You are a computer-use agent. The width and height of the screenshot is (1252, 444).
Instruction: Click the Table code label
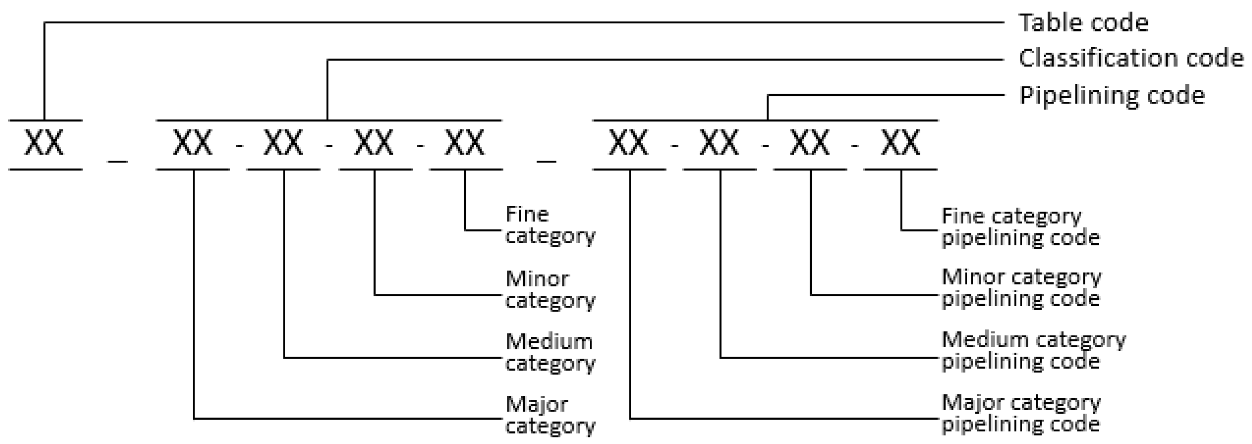1083,23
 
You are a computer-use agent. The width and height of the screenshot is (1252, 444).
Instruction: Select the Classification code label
1130,58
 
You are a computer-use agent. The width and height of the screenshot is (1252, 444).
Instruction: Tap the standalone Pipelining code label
1111,95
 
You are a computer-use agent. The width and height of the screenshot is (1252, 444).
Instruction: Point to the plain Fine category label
550,224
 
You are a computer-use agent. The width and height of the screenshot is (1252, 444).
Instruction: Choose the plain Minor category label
550,289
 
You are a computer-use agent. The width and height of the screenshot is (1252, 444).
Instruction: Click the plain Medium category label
550,352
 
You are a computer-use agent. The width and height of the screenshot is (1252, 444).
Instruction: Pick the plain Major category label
550,415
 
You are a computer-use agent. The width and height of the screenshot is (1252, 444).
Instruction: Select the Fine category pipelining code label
1020,227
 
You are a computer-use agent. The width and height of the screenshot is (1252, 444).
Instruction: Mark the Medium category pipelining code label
1033,350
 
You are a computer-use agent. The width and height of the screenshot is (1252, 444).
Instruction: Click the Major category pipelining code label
1020,413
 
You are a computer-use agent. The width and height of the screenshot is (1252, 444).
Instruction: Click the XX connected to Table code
44,143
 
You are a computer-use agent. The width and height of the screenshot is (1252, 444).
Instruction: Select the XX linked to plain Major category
193,143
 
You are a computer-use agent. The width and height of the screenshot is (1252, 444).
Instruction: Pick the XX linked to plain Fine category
465,143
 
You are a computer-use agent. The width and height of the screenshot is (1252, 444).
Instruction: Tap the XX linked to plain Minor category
374,143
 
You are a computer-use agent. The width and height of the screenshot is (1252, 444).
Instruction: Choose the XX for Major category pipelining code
629,143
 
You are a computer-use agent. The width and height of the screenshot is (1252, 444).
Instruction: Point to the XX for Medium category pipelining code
720,143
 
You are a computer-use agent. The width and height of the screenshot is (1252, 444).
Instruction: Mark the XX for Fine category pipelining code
901,143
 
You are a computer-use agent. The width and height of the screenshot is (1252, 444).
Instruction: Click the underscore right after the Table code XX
118,160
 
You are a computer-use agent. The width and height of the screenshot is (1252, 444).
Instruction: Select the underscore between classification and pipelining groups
546,160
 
